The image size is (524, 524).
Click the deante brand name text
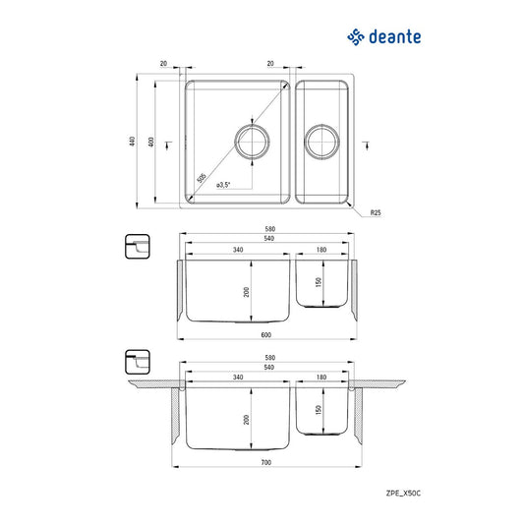click(396, 38)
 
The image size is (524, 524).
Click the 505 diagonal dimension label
click(202, 179)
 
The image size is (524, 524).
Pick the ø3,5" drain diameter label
click(224, 185)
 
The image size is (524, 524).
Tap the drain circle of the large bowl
click(251, 141)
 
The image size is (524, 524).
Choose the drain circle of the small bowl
click(321, 141)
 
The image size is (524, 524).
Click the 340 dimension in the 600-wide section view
click(239, 250)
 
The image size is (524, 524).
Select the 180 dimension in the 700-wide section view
click(321, 378)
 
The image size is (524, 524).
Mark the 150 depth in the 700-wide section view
click(317, 410)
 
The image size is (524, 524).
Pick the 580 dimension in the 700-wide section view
click(266, 356)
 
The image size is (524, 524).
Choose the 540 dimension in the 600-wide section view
click(266, 240)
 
